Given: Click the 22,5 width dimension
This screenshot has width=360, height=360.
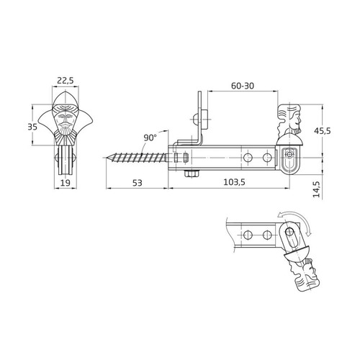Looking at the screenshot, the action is click(66, 81).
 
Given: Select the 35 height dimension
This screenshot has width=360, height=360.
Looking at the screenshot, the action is click(32, 127).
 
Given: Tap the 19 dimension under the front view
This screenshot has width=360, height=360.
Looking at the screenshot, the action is click(65, 183).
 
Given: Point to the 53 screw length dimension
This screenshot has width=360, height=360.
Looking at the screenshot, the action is click(138, 183).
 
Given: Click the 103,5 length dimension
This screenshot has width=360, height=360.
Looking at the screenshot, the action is click(234, 182).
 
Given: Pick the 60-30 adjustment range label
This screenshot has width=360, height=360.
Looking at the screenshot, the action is click(243, 86).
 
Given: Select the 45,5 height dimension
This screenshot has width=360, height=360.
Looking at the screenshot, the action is click(323, 131).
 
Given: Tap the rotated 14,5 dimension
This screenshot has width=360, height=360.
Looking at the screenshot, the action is click(317, 189).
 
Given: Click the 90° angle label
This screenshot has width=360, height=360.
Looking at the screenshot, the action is click(150, 138).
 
